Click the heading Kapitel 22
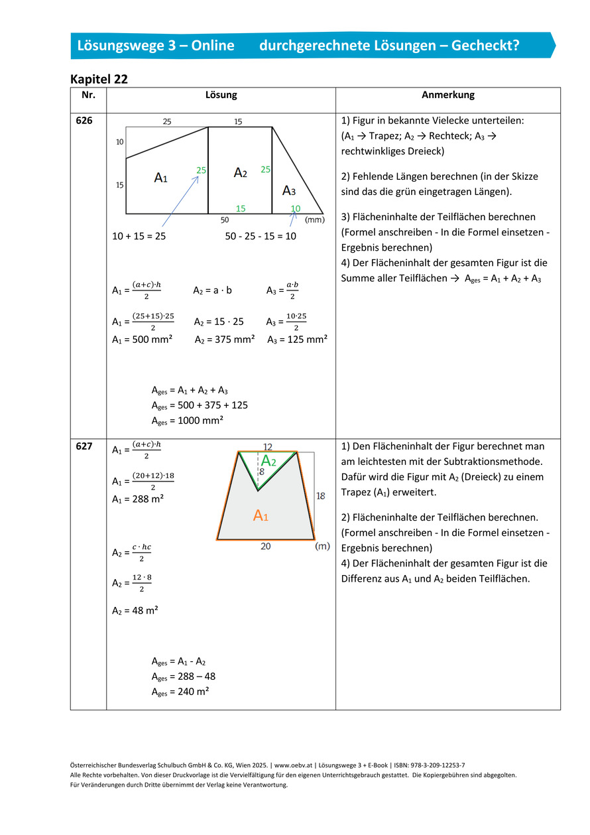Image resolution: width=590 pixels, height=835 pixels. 99,79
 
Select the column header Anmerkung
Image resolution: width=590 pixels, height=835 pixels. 447,95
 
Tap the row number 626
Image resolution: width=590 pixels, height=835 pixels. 84,121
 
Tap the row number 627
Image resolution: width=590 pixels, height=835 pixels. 84,446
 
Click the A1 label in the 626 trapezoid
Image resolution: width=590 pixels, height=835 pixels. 160,178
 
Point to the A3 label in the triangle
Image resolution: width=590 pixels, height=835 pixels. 289,191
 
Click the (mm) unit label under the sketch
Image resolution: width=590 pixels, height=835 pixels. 314,219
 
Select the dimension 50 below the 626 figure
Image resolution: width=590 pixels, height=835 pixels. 225,219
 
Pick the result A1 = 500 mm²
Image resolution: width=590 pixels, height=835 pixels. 142,340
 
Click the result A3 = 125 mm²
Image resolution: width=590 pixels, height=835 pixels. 297,340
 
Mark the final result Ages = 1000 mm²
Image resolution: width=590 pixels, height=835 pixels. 187,420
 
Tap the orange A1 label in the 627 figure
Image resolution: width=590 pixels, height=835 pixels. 261,515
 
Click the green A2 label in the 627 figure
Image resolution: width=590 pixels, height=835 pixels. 268,461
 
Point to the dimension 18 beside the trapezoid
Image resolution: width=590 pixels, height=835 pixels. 320,495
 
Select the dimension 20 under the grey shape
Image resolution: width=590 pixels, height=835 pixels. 265,546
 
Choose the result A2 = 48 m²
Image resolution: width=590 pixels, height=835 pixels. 135,610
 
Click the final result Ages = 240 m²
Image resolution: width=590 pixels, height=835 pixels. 180,692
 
